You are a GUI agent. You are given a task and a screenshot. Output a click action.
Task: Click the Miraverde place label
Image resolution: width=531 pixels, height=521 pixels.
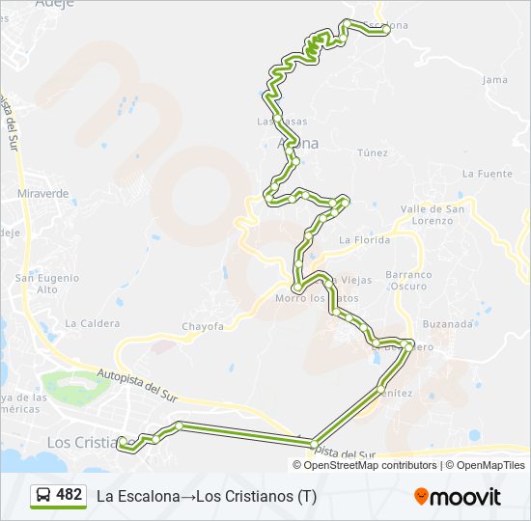tap(43, 193)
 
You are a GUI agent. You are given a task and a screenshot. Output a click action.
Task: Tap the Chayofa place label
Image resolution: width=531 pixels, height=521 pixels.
tap(203, 326)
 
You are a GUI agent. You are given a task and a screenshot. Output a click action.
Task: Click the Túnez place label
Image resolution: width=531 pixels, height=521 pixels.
tap(372, 152)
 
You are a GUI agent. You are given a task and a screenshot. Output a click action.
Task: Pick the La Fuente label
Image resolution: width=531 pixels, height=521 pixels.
tap(487, 174)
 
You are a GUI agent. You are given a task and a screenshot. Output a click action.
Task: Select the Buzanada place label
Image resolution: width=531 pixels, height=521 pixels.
tap(446, 324)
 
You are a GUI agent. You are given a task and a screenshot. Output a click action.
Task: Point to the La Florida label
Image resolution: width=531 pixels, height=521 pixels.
tap(364, 240)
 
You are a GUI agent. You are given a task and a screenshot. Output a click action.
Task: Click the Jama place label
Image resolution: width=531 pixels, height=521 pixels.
tap(494, 80)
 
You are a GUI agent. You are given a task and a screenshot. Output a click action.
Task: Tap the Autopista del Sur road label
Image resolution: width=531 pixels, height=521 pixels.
tap(138, 382)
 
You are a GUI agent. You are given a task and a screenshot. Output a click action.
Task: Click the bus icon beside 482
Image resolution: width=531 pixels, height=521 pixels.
tap(43, 496)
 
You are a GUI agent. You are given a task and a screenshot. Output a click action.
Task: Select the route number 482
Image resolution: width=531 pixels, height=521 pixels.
tap(70, 495)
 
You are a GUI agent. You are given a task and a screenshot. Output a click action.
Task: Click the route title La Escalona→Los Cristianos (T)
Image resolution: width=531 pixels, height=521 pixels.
tap(206, 496)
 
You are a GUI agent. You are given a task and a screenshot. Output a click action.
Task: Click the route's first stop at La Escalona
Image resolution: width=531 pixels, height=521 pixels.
tap(385, 31)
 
